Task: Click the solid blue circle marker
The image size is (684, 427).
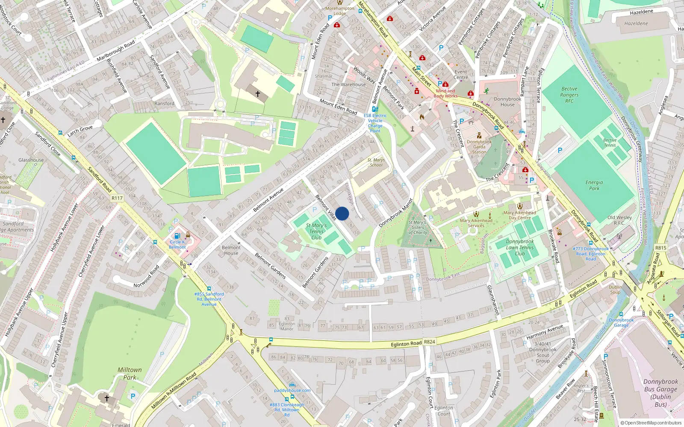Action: pyautogui.click(x=342, y=213)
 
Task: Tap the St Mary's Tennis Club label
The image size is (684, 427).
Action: pyautogui.click(x=316, y=231)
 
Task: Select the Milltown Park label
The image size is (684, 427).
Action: pyautogui.click(x=130, y=374)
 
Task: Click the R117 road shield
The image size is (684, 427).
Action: pyautogui.click(x=117, y=198)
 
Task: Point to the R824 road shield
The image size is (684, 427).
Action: pyautogui.click(x=429, y=342)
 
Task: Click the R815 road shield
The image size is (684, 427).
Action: pyautogui.click(x=660, y=248)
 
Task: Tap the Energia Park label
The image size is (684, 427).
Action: pyautogui.click(x=594, y=185)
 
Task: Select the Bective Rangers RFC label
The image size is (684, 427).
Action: pyautogui.click(x=569, y=95)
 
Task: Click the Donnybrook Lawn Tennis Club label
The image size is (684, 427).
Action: pyautogui.click(x=520, y=248)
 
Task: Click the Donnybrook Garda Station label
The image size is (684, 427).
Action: pyautogui.click(x=479, y=146)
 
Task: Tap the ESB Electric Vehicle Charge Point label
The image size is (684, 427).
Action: pyautogui.click(x=375, y=123)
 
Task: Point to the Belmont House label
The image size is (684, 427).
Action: pyautogui.click(x=231, y=250)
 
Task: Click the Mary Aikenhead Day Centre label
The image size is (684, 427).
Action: pyautogui.click(x=519, y=215)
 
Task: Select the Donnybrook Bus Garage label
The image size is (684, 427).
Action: pyautogui.click(x=660, y=393)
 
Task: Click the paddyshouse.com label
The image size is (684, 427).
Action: pyautogui.click(x=292, y=390)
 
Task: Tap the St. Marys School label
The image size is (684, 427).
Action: pyautogui.click(x=376, y=162)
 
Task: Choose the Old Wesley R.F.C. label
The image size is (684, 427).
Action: pyautogui.click(x=619, y=220)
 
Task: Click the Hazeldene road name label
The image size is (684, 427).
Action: pyautogui.click(x=641, y=12)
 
